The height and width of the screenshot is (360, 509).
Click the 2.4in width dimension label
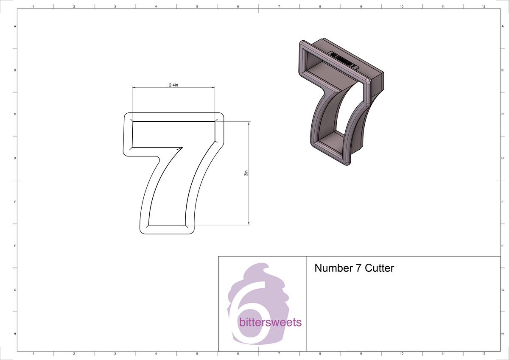(x=173, y=85)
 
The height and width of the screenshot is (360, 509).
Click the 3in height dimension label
(x=246, y=173)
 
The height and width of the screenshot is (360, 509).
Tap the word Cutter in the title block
(x=380, y=268)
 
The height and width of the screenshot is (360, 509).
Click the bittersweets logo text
(x=270, y=323)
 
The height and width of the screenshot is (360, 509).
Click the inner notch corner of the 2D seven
(x=182, y=148)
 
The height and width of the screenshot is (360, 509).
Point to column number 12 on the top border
(x=484, y=7)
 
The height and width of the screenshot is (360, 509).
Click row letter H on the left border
(x=15, y=334)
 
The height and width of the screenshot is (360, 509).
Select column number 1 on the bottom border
(x=33, y=353)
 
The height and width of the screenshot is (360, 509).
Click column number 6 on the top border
(x=238, y=7)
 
